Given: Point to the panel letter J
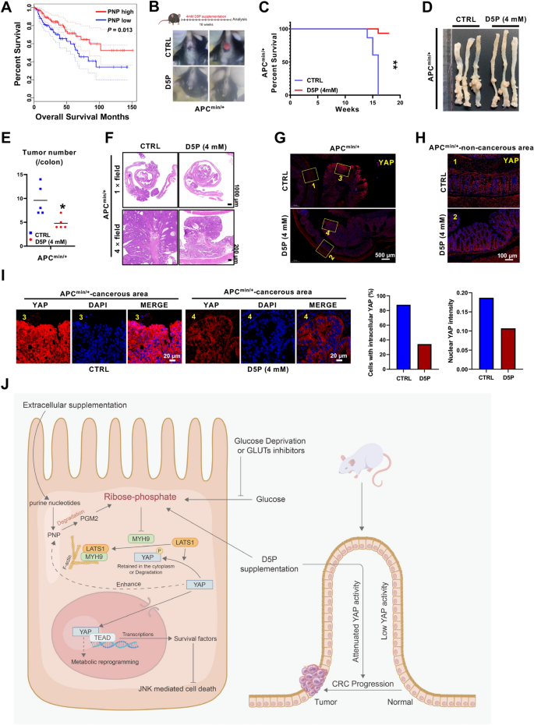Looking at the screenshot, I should pos(7,384).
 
